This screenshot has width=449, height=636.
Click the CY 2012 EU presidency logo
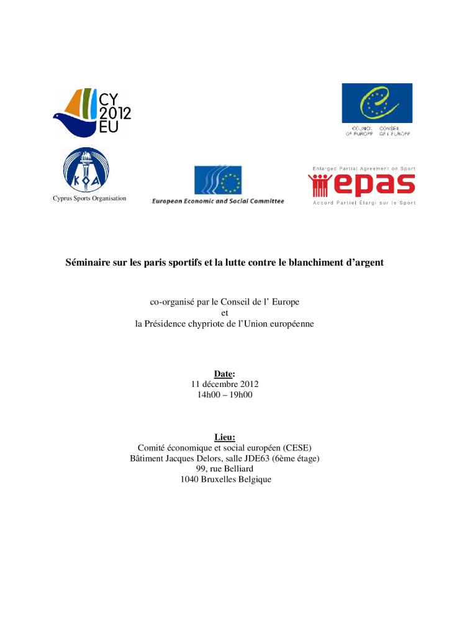coord(92,112)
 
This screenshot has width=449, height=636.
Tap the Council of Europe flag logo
coord(376,103)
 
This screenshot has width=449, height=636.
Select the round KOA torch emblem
coord(86,170)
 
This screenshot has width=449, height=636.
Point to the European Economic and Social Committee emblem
coord(217,179)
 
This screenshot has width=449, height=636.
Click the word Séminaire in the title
coord(88,263)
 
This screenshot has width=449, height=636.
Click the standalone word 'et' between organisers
coord(225,313)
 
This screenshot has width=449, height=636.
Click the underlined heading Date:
coord(224,374)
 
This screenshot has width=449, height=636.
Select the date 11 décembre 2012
coord(224,384)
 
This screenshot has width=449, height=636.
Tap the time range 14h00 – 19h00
coord(224,395)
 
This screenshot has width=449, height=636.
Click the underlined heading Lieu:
coord(224,437)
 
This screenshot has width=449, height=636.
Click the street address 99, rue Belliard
coord(224,469)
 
